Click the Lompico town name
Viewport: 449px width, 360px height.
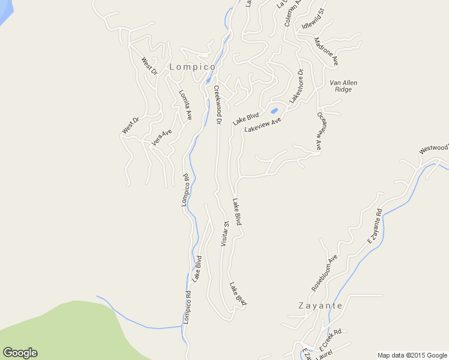[x=192, y=67]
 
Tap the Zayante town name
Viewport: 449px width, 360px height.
[x=321, y=305]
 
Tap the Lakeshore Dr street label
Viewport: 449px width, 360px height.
[x=297, y=86]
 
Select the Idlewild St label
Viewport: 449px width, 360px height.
[x=313, y=19]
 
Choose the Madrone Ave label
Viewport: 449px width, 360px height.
[x=327, y=52]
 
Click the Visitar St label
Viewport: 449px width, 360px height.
[x=224, y=234]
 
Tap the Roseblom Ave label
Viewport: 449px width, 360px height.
[x=324, y=273]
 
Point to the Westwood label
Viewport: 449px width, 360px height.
[x=434, y=148]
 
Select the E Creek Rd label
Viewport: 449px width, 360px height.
[x=331, y=339]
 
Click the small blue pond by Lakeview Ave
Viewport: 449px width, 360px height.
[x=274, y=110]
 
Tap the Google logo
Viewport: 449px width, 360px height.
[x=20, y=353]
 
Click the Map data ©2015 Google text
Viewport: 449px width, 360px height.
[x=412, y=355]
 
